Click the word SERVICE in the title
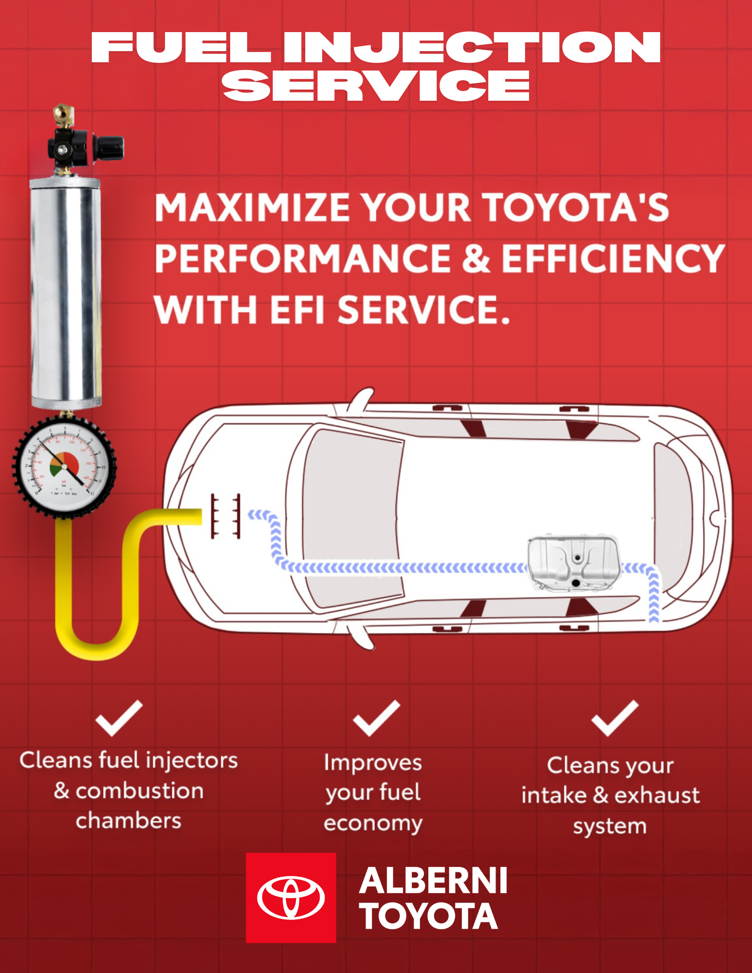click(x=376, y=86)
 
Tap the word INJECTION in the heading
click(x=471, y=47)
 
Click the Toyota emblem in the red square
click(x=291, y=898)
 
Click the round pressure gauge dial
click(x=64, y=466)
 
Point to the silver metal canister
click(x=66, y=292)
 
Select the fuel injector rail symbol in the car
click(x=225, y=516)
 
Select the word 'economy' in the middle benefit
click(x=373, y=823)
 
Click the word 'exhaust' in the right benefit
click(x=657, y=795)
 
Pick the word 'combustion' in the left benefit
click(x=140, y=791)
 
